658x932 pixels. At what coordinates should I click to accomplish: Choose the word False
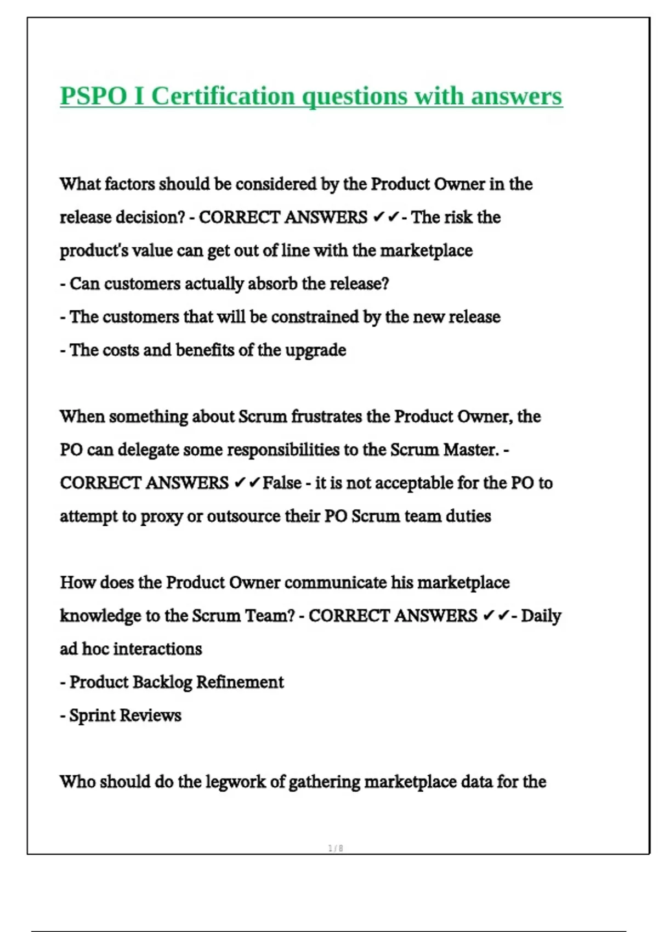click(x=282, y=483)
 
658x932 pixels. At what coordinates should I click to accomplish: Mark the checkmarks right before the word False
click(x=247, y=483)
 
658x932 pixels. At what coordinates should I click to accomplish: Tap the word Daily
click(x=541, y=616)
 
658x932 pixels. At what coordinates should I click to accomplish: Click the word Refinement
click(x=240, y=683)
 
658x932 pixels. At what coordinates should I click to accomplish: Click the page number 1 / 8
click(x=336, y=848)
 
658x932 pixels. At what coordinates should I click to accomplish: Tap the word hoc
click(x=96, y=649)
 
